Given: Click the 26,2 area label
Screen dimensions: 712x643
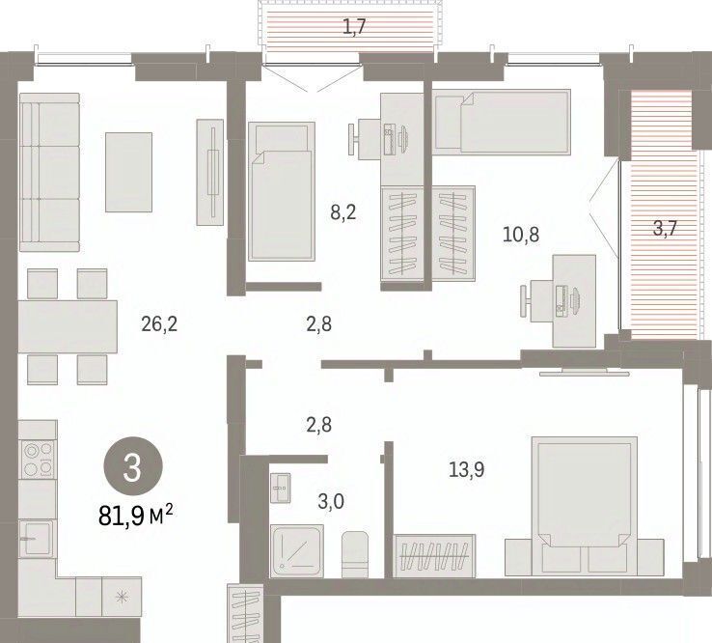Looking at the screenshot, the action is click(159, 324).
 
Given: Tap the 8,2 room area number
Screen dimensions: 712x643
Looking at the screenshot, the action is click(343, 211).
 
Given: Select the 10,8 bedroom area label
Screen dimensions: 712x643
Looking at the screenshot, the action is click(521, 235).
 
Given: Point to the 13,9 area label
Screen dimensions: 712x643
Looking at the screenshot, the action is click(466, 469).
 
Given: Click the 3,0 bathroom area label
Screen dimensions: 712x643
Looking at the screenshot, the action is click(331, 502).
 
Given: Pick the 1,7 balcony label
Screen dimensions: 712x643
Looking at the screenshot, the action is click(354, 27).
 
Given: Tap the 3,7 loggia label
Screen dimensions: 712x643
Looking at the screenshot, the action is click(666, 228).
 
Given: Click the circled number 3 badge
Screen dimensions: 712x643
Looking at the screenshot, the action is click(133, 466).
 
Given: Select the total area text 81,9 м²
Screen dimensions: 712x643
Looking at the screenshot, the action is click(136, 516).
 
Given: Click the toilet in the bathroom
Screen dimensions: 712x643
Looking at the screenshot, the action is click(355, 554).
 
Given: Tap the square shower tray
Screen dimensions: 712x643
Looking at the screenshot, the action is click(297, 551).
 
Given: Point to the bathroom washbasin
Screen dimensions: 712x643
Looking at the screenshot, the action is click(281, 488).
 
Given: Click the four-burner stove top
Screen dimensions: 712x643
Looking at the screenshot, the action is click(39, 459).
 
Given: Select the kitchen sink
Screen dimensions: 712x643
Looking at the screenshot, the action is click(37, 539).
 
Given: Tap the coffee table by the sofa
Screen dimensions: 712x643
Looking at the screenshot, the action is click(129, 172).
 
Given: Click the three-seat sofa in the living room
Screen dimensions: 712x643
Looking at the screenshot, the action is click(49, 173).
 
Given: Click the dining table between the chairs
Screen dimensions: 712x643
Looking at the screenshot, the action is click(68, 326).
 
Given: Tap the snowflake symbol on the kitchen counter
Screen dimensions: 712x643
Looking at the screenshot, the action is click(122, 597).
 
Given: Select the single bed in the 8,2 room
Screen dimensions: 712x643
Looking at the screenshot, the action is click(282, 191).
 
